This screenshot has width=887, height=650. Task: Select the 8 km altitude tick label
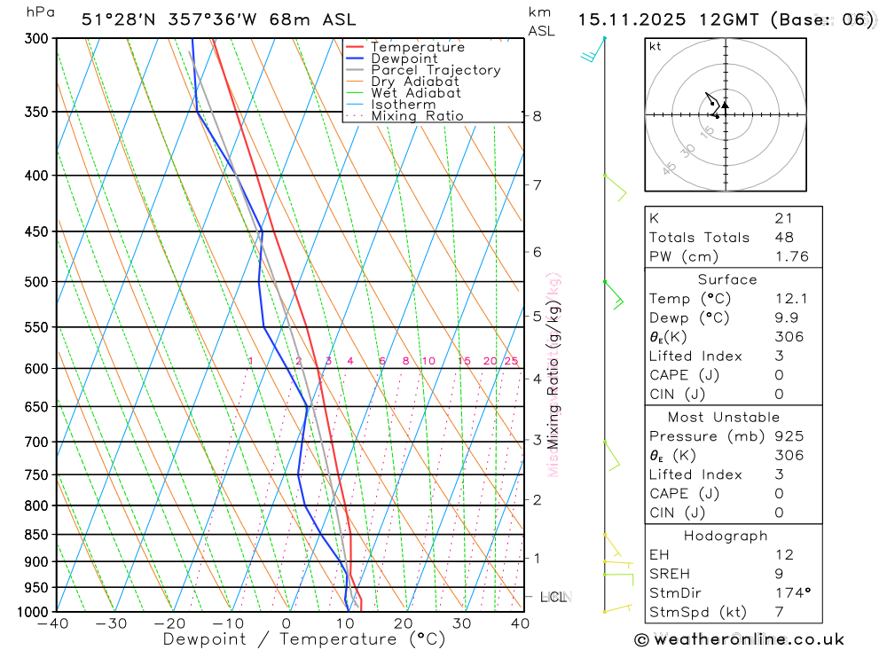(537, 116)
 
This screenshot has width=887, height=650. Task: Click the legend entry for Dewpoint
(404, 59)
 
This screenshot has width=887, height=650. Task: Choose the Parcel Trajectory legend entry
(436, 70)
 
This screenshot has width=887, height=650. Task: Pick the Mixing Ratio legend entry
(417, 116)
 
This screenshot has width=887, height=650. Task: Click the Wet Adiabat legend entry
(416, 93)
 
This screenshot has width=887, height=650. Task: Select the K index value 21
(783, 218)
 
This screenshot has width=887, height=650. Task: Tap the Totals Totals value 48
(783, 238)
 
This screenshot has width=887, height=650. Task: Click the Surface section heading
(727, 279)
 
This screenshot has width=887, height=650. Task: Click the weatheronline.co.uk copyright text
(739, 639)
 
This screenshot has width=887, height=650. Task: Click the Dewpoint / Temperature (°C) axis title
(303, 639)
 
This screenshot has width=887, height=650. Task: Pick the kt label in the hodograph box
(655, 46)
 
